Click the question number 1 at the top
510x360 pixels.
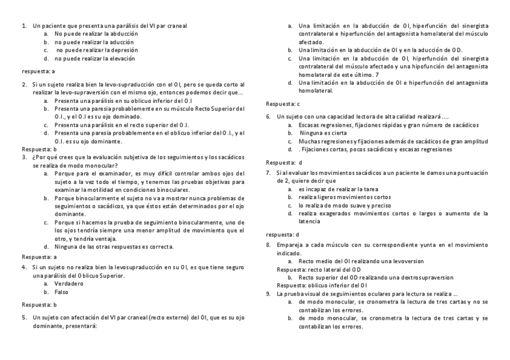point(23,26)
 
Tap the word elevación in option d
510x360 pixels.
point(122,59)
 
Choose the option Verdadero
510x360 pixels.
point(66,283)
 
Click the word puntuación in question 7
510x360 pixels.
point(473,172)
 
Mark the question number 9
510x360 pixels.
point(268,294)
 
